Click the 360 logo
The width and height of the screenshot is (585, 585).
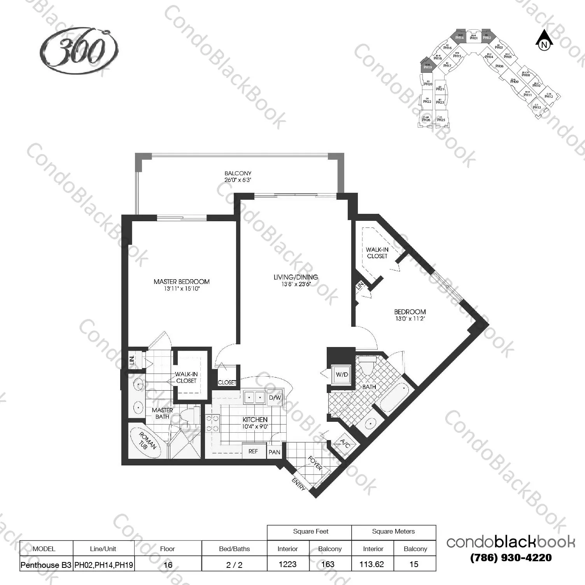pyautogui.click(x=79, y=50)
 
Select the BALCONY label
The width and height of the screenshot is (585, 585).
pyautogui.click(x=238, y=173)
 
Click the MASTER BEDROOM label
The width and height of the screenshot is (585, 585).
pyautogui.click(x=182, y=282)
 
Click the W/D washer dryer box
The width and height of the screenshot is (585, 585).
pyautogui.click(x=342, y=375)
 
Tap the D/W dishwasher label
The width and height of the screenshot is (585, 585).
pyautogui.click(x=275, y=398)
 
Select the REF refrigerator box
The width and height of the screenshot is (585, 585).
pyautogui.click(x=253, y=451)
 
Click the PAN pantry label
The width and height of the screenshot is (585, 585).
pyautogui.click(x=274, y=452)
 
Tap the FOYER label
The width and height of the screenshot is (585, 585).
pyautogui.click(x=315, y=463)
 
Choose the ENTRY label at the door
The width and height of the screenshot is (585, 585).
pyautogui.click(x=298, y=484)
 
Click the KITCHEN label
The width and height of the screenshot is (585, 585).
pyautogui.click(x=255, y=419)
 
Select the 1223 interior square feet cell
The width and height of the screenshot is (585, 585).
pyautogui.click(x=287, y=564)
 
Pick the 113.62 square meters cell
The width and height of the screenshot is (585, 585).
pyautogui.click(x=372, y=564)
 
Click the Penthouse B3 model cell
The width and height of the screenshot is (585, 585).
pyautogui.click(x=46, y=565)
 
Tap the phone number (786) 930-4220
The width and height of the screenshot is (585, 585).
pyautogui.click(x=511, y=558)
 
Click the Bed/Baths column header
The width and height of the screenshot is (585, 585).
pyautogui.click(x=234, y=549)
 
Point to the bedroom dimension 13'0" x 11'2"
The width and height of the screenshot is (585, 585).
pyautogui.click(x=410, y=319)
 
